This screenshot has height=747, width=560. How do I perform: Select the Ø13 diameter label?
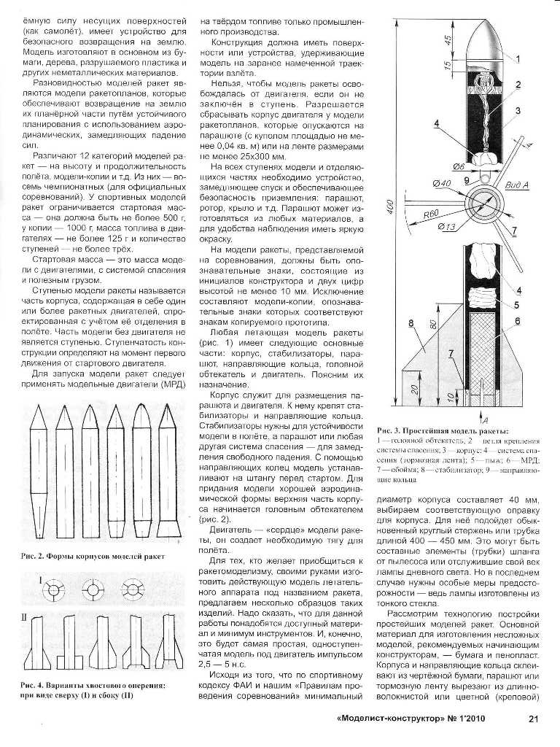point(446,226)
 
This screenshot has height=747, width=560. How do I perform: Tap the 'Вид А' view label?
point(516,187)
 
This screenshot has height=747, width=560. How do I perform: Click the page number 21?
point(532,719)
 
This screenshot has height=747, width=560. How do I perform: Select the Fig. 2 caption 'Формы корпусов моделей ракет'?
point(108,558)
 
